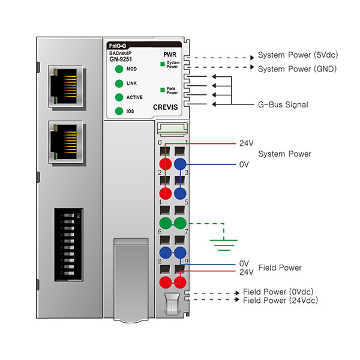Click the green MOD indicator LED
click(x=118, y=69)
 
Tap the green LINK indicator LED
click(x=118, y=83)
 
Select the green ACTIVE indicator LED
click(x=118, y=97)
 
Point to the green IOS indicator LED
click(x=118, y=111)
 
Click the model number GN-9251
click(x=121, y=59)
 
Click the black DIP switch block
click(x=69, y=242)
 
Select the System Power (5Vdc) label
click(x=298, y=55)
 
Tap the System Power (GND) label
click(x=297, y=69)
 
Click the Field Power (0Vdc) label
click(x=280, y=292)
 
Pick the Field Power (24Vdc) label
click(x=280, y=300)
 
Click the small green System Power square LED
click(x=162, y=63)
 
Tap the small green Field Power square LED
click(x=162, y=90)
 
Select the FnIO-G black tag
click(x=116, y=46)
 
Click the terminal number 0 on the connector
click(x=160, y=143)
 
